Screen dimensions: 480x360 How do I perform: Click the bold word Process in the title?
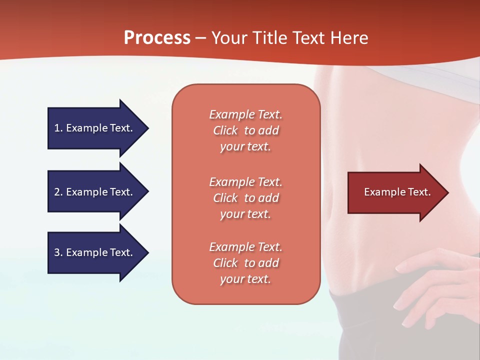click(157, 38)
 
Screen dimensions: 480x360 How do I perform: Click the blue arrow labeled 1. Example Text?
click(98, 128)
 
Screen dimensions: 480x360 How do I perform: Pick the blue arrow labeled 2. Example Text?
click(98, 191)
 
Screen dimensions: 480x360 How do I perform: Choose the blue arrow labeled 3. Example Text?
click(98, 253)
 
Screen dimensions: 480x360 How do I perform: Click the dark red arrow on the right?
click(398, 193)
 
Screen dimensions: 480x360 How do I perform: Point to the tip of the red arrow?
click(449, 193)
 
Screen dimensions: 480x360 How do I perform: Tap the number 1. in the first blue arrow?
click(58, 128)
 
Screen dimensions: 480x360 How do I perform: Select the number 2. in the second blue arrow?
click(58, 192)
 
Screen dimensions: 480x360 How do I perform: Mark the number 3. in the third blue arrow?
click(58, 252)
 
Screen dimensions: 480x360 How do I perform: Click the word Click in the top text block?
click(225, 130)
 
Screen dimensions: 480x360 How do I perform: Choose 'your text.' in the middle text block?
click(245, 214)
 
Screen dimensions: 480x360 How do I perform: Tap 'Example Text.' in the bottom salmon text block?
click(246, 246)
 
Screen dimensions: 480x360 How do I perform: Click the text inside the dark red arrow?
click(397, 192)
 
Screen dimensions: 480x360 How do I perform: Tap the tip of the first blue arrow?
click(149, 128)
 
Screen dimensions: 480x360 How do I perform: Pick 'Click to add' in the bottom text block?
click(246, 263)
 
